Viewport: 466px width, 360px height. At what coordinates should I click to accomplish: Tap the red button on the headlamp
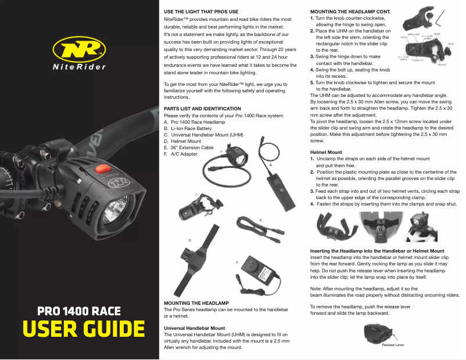(103, 170)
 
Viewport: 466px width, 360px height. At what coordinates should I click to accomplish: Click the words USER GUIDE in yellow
(84, 329)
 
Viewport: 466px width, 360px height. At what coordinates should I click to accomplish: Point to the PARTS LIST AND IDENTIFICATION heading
(202, 109)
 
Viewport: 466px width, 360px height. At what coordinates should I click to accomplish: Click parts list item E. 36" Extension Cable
(189, 147)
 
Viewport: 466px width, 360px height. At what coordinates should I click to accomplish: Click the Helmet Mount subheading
(325, 152)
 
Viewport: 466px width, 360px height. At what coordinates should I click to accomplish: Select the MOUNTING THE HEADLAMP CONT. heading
(350, 12)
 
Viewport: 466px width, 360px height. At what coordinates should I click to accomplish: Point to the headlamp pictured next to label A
(236, 155)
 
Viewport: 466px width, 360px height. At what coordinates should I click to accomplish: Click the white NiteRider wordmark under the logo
(79, 67)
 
